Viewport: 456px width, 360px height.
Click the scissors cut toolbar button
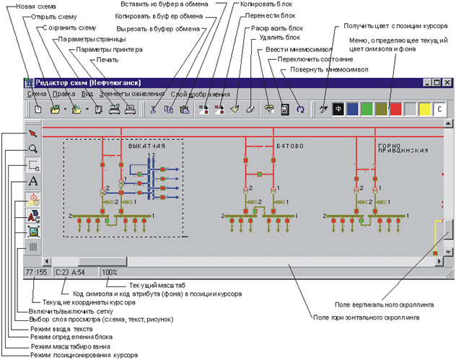point(154,109)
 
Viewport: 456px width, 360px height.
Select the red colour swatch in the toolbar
point(395,109)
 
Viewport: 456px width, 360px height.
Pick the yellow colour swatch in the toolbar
point(425,109)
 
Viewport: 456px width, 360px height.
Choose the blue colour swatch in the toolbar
point(351,109)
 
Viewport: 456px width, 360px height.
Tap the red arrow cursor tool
point(32,133)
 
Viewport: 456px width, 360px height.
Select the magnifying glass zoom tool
point(32,149)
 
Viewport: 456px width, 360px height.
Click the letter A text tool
point(32,181)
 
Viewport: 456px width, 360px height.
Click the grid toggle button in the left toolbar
point(32,247)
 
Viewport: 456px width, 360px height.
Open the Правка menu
point(63,95)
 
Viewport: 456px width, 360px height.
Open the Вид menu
point(87,95)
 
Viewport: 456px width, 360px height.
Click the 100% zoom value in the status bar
point(110,272)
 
